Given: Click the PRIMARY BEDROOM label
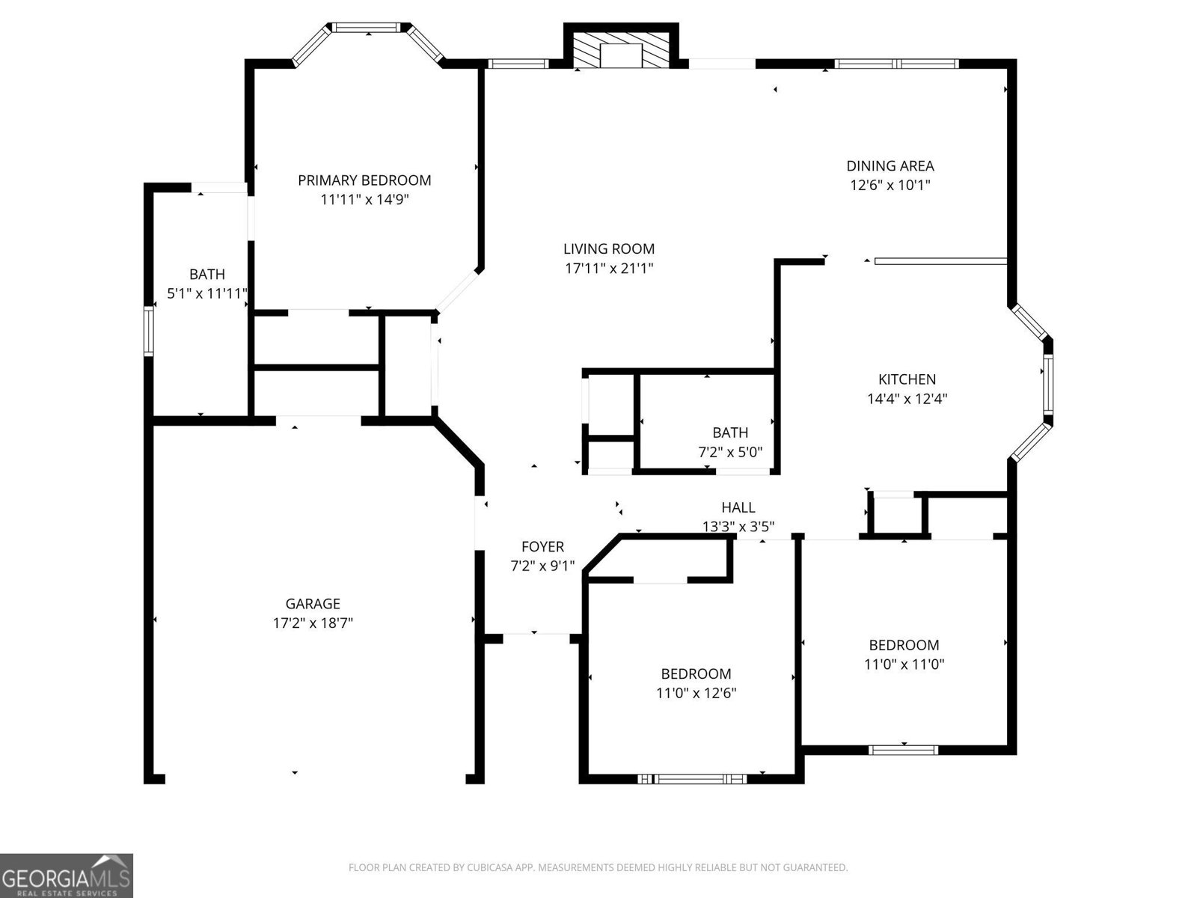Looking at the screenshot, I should (364, 180).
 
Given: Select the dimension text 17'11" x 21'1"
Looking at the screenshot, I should (609, 268).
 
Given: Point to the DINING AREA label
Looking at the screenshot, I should (890, 166).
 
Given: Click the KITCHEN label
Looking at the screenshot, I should (907, 379).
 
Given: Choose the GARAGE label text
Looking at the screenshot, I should (313, 603).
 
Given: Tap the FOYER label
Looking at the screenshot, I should (542, 547).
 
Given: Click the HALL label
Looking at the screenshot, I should (738, 507).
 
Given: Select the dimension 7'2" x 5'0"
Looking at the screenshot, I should (729, 452).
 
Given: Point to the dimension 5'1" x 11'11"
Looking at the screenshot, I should (206, 294).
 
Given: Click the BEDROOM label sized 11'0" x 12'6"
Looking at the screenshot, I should (696, 673).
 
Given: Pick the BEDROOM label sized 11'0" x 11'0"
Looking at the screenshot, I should (904, 645).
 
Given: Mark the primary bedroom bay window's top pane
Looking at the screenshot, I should (367, 28).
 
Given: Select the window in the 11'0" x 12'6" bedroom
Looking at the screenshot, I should (692, 779).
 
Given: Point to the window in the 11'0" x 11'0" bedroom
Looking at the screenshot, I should (903, 749).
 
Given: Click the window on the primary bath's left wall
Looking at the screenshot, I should (149, 330).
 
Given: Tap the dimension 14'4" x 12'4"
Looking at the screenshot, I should (907, 399).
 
